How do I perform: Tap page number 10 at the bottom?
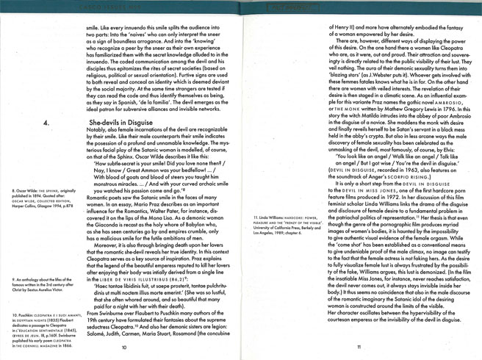click(124, 348)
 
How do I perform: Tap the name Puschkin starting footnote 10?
click(29, 314)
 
